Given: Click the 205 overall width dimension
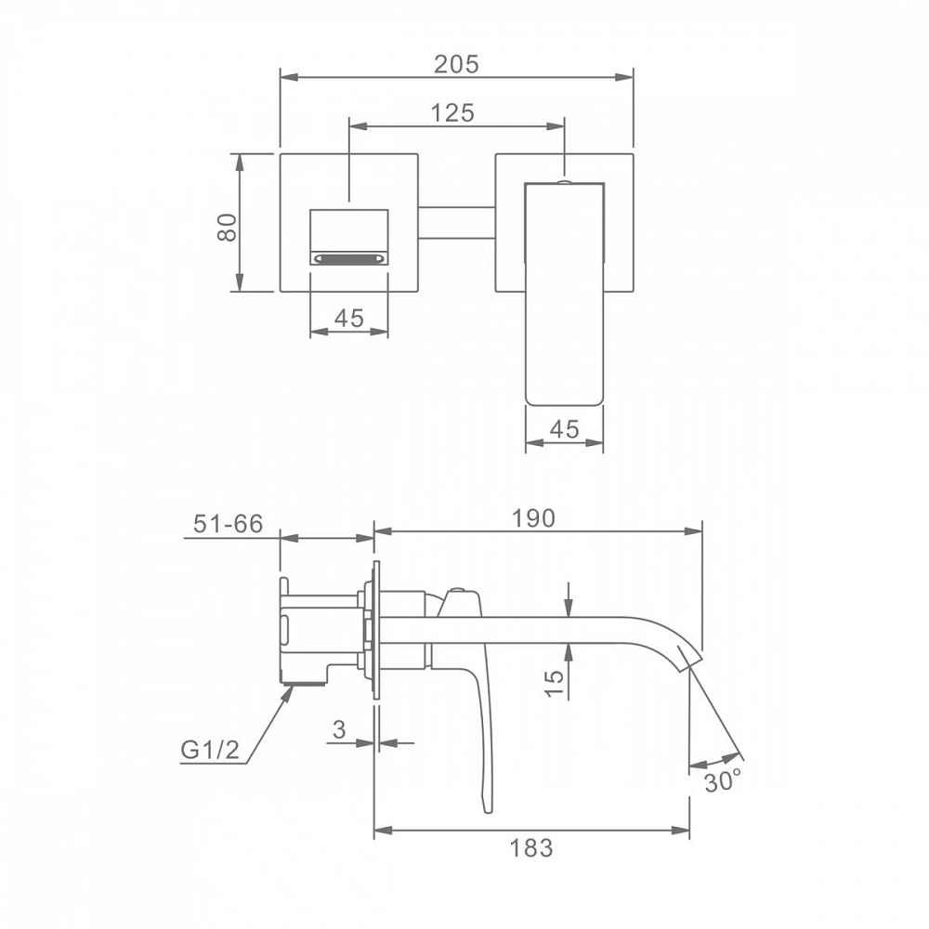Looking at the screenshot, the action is pyautogui.click(x=455, y=64).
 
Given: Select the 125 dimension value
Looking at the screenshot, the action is pyautogui.click(x=452, y=112).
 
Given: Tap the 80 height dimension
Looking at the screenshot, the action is pyautogui.click(x=227, y=227).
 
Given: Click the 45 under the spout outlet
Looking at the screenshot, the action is pyautogui.click(x=349, y=319).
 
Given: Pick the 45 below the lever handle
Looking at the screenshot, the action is pyautogui.click(x=564, y=429).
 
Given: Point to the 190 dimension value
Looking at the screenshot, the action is pyautogui.click(x=533, y=518).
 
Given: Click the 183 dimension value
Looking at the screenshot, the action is pyautogui.click(x=531, y=848).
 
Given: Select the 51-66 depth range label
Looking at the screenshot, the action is pyautogui.click(x=229, y=524).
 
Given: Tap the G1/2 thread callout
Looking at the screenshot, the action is pyautogui.click(x=210, y=750).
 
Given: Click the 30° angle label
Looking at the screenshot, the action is pyautogui.click(x=723, y=781).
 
